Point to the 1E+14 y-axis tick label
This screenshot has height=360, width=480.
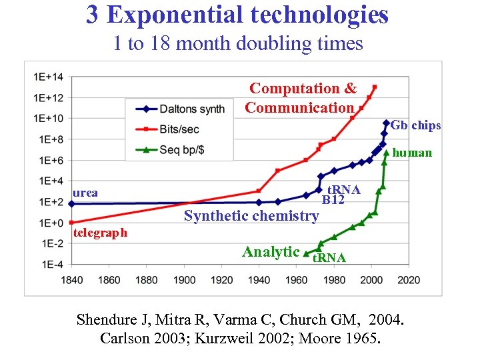(47, 77)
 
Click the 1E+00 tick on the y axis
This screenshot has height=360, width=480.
(47, 223)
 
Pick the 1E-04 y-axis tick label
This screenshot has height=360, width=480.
(48, 264)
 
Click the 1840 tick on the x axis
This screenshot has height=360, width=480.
(71, 279)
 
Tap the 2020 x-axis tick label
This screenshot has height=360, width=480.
(408, 279)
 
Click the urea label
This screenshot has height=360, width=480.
(85, 193)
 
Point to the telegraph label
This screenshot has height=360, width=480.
(100, 233)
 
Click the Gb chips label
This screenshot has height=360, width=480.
(415, 125)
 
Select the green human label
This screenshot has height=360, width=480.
(412, 153)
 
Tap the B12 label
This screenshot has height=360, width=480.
(333, 199)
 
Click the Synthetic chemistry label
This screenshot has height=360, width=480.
(251, 215)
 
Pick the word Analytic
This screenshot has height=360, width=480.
(271, 251)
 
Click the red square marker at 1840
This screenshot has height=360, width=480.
(71, 222)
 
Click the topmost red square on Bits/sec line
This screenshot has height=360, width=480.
(375, 87)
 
